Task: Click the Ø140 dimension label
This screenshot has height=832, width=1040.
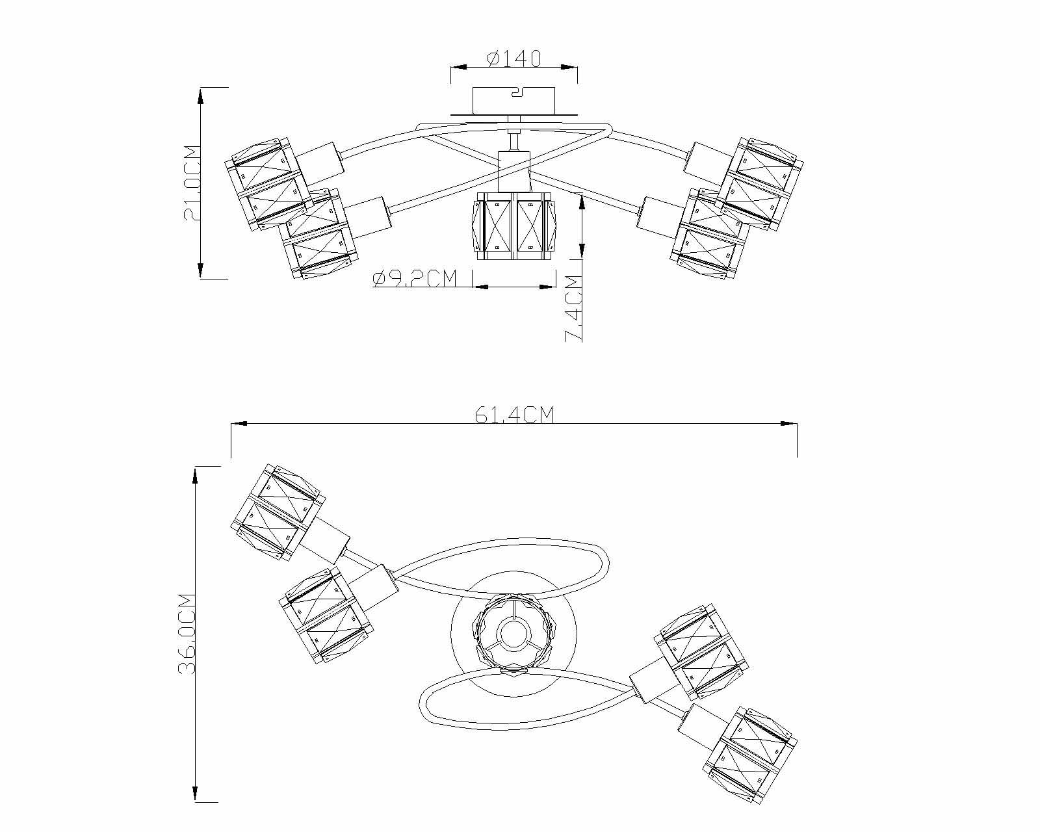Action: pos(513,59)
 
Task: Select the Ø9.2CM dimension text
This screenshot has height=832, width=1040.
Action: pos(416,279)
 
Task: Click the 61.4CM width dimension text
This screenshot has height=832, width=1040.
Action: pos(513,415)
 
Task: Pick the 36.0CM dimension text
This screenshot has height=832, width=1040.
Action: pos(187,634)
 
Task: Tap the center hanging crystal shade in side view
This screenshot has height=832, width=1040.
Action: pos(514,226)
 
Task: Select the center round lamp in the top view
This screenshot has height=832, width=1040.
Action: pos(513,632)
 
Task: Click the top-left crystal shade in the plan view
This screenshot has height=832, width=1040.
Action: pos(277,512)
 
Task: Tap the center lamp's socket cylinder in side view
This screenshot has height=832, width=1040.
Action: pos(514,170)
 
